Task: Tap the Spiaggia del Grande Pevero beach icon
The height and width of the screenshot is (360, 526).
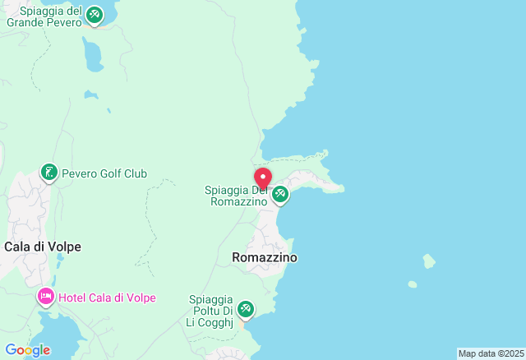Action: pos(95,16)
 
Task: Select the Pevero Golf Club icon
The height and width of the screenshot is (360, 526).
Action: pos(49,173)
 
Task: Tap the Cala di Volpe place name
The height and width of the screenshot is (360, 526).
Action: pos(43,247)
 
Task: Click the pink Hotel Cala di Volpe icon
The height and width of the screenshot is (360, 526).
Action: pos(45,297)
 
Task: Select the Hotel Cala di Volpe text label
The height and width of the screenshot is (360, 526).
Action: pos(107,298)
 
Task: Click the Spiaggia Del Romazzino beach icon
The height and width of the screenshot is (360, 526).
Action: pos(281,195)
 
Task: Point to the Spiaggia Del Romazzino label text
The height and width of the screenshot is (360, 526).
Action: pos(237,196)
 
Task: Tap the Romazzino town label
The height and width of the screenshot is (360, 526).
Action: pos(265,257)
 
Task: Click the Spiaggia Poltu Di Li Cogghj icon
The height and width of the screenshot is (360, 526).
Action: pos(245,310)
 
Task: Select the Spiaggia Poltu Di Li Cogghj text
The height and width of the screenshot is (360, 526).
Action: pos(211,311)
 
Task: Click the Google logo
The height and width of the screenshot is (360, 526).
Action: pos(27,350)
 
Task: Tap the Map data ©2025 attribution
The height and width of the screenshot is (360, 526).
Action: pos(490,353)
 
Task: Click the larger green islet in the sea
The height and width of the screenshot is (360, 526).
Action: pos(429,261)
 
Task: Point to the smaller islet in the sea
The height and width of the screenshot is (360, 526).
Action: pos(413,284)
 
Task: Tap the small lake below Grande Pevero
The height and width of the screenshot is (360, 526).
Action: pos(93,56)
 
